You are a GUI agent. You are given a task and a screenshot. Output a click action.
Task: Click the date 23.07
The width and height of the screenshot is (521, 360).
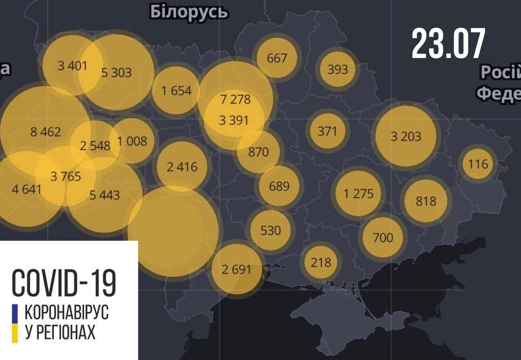448,44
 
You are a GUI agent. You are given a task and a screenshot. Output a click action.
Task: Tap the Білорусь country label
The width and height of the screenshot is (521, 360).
188,12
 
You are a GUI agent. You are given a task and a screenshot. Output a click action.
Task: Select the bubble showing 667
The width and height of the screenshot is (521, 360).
277,58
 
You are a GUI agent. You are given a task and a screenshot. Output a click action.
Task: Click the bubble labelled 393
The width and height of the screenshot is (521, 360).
337,69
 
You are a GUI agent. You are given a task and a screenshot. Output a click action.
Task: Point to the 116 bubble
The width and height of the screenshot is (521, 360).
478,164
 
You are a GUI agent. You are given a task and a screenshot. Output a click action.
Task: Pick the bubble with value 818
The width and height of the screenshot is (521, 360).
426,201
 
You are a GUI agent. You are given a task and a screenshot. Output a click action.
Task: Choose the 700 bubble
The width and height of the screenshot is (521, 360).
383,237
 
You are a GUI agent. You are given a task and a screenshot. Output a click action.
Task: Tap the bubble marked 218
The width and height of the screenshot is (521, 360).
321,262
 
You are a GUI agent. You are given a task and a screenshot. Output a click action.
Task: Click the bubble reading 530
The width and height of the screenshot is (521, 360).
271,230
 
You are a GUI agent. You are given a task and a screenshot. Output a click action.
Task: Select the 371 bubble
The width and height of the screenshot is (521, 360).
327,131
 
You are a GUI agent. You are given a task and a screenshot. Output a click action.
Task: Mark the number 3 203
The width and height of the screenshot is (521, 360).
406,136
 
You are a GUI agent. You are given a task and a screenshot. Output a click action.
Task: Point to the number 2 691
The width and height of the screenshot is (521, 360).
236,269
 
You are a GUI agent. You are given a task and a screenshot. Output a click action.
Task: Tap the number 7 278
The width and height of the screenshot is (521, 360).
234,99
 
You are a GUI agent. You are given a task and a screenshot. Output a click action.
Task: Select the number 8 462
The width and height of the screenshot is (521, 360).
46,132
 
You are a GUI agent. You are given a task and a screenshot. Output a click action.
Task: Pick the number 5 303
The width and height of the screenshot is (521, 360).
116,72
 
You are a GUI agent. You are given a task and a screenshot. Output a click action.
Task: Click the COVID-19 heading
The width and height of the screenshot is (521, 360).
64,282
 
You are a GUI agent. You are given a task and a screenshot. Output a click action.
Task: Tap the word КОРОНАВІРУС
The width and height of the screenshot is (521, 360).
67,313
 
